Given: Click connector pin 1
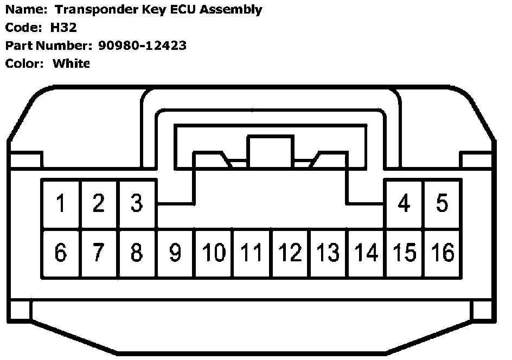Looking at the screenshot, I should tap(61, 204).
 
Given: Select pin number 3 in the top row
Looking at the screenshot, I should tap(137, 204).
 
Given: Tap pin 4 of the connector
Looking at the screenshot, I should tap(404, 204).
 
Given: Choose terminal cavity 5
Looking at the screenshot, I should tap(442, 204).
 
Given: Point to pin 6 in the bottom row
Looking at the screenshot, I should tap(61, 253).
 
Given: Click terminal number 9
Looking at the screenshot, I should tap(175, 253).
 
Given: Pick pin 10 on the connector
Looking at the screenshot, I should tap(214, 253).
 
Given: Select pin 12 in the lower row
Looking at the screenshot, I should tap(290, 253).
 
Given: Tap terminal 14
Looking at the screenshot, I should tap(366, 253).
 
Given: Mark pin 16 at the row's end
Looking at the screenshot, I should tap(442, 253).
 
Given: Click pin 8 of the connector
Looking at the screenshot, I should tap(137, 253).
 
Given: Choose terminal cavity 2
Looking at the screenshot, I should tap(99, 204).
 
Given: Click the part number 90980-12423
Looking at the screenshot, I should tap(143, 46).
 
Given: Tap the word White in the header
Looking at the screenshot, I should tap(71, 63).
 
